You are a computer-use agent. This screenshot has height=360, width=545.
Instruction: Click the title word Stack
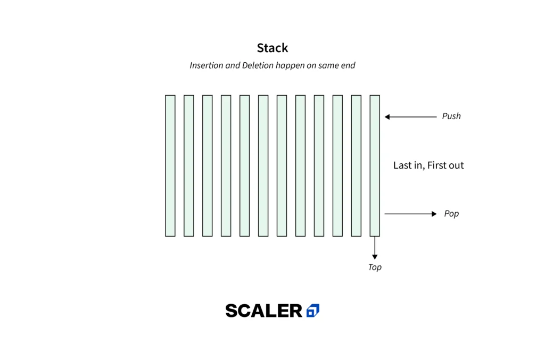(272, 48)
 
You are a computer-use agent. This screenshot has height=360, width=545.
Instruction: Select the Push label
(451, 116)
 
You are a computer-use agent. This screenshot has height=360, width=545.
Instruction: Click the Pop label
(451, 213)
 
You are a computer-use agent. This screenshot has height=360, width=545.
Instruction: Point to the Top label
(375, 267)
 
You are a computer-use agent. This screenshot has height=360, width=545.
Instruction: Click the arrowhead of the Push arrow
(387, 117)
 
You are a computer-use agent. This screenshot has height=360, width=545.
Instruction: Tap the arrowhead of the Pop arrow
(434, 214)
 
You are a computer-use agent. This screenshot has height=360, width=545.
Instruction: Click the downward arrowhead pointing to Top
(375, 257)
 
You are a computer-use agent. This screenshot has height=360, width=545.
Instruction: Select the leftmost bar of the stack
(170, 165)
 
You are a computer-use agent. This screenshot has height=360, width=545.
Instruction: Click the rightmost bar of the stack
(375, 165)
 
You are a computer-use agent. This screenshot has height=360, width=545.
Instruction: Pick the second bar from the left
(189, 165)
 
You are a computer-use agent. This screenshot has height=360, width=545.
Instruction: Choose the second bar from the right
(356, 165)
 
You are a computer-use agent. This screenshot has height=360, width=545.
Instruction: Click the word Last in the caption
(401, 165)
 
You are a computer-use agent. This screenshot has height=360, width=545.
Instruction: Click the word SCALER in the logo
(264, 311)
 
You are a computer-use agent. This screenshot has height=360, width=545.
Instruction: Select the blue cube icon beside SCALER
(313, 311)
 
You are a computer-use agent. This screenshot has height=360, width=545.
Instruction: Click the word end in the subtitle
(348, 65)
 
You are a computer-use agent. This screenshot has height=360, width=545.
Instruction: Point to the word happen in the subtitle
(290, 65)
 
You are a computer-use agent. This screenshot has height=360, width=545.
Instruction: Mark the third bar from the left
(208, 165)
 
